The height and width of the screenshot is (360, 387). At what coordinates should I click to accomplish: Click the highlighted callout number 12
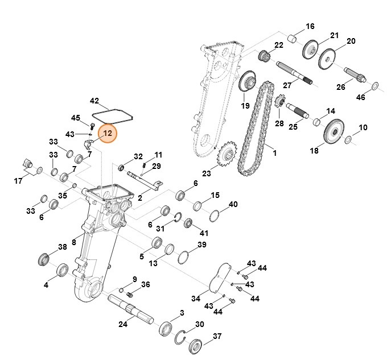coord(107,134)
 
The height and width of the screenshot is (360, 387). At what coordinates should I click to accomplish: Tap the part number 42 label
coord(94,101)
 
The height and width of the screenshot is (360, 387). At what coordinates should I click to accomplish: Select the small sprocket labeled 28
coord(279,104)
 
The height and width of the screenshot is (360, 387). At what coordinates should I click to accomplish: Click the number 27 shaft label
coord(287,85)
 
